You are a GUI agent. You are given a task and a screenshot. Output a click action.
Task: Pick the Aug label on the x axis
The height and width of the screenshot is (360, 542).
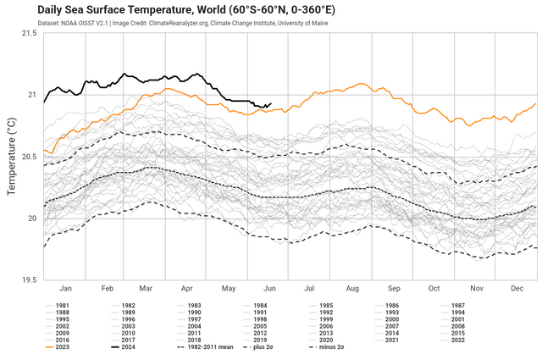tap(351, 289)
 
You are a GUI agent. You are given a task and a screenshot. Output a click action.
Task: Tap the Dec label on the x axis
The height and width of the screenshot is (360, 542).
tap(517, 289)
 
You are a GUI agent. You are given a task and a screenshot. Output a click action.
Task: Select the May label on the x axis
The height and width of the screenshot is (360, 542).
tap(229, 289)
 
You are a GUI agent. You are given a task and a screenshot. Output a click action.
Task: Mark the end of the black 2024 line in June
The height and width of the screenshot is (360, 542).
tap(270, 104)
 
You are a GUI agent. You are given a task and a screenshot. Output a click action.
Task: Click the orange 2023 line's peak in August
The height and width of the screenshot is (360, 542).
tap(362, 84)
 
